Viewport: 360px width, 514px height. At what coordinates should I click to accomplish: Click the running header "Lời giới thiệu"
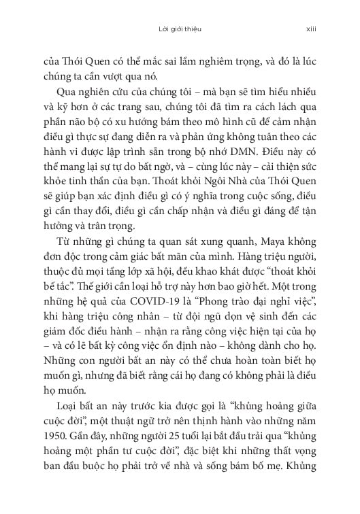(179, 30)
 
